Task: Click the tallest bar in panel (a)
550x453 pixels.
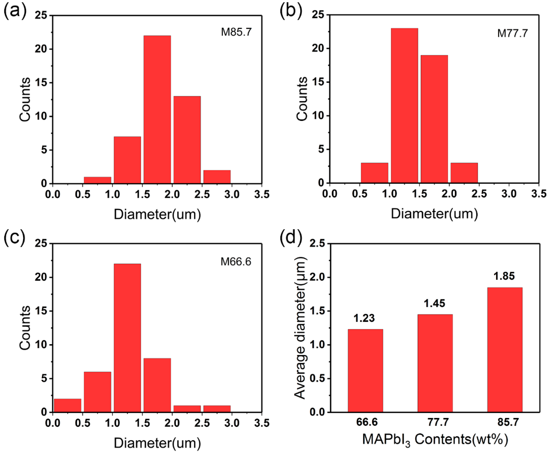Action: [x=157, y=110]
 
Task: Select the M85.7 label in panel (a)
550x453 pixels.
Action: [x=236, y=32]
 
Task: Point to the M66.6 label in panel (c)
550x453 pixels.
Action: [x=236, y=261]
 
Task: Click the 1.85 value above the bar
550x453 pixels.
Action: [x=504, y=276]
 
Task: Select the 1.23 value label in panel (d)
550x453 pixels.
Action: [x=364, y=318]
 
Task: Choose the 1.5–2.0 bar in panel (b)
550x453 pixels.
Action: [x=434, y=119]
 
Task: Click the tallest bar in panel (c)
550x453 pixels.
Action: [x=127, y=338]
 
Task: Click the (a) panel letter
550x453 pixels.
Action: [x=15, y=11]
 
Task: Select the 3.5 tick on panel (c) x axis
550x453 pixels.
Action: [x=261, y=423]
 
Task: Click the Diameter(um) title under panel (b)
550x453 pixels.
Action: [x=434, y=214]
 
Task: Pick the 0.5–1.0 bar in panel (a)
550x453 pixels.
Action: [x=98, y=180]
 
